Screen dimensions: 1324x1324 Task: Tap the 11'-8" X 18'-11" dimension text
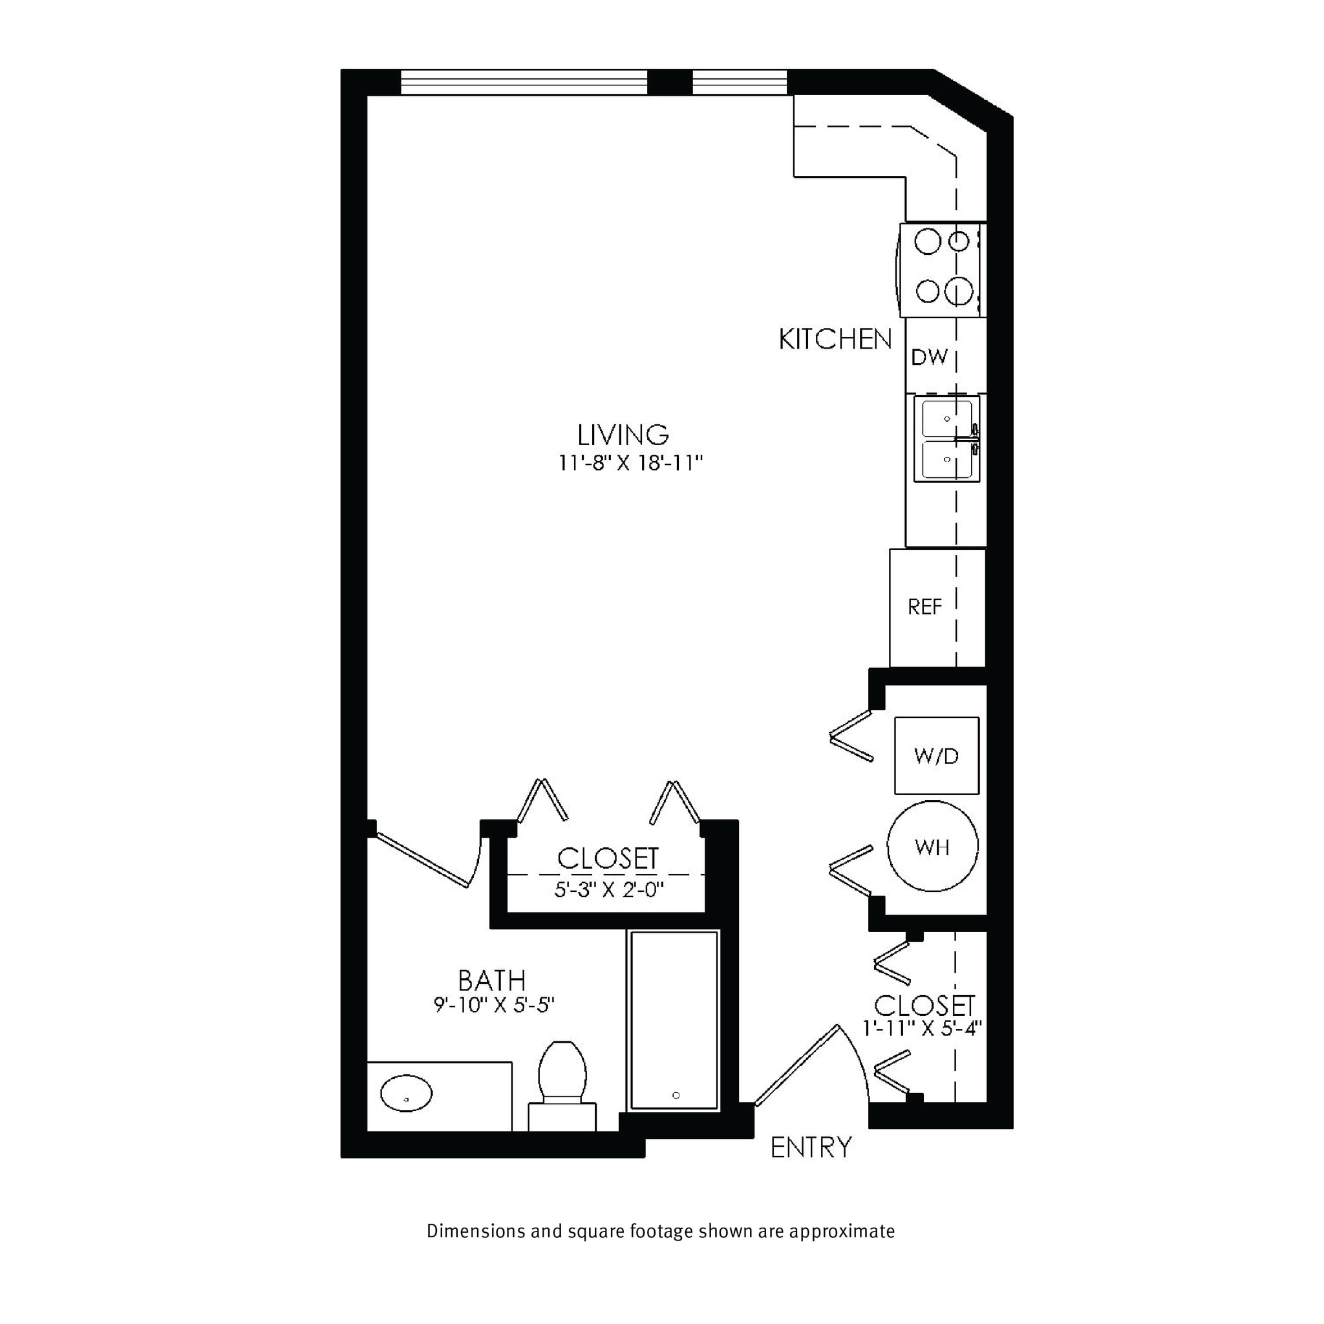coord(630,464)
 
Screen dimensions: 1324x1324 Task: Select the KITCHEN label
coord(835,340)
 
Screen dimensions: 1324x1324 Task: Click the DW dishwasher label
coord(928,356)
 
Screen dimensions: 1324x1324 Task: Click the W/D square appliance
coord(936,755)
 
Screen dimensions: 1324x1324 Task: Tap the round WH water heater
coord(932,846)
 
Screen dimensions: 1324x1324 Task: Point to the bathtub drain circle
coord(676,1095)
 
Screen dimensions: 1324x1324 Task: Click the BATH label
coord(491,981)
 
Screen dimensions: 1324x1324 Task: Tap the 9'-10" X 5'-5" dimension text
coord(493,1005)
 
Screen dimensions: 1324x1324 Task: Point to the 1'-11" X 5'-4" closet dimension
coord(923,1028)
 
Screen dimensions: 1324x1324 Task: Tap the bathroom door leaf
coord(422,860)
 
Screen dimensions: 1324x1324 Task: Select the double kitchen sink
coord(947,440)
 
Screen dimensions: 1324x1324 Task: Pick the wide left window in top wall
coord(524,82)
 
